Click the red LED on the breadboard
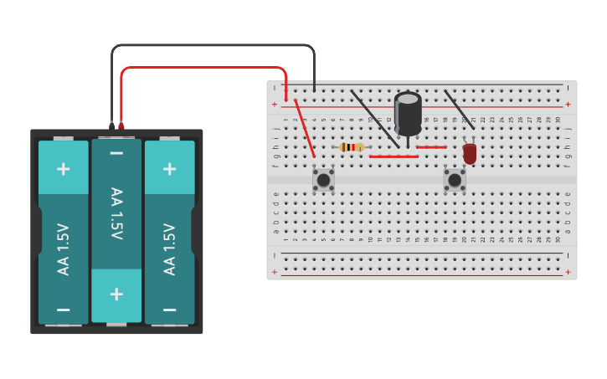click(x=470, y=153)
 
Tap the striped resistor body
click(x=352, y=147)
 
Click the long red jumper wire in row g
click(x=394, y=156)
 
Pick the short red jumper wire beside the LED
click(x=431, y=147)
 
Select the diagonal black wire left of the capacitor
click(x=374, y=118)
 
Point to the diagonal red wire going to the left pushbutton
click(x=305, y=129)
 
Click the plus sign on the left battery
click(x=63, y=168)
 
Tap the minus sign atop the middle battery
click(x=116, y=153)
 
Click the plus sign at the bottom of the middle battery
click(x=116, y=294)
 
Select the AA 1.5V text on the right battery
click(x=170, y=248)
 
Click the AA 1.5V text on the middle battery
click(x=116, y=213)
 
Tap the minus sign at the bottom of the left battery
click(x=63, y=309)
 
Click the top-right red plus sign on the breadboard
click(x=568, y=105)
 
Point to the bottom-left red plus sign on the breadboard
click(x=274, y=272)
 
